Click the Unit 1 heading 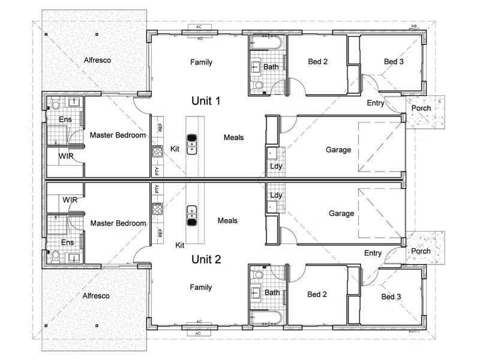tap(206, 101)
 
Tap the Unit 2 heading tap(206, 259)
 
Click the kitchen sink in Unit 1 tap(192, 144)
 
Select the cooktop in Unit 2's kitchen tap(157, 209)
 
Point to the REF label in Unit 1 tap(160, 127)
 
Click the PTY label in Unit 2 tap(157, 189)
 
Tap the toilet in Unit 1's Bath tap(258, 84)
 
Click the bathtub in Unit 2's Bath tap(266, 318)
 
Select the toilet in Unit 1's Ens tap(55, 104)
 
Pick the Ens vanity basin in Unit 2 tap(74, 257)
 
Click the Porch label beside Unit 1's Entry tap(421, 108)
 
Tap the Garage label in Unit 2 tap(341, 214)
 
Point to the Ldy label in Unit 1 tap(276, 166)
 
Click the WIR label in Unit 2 tap(70, 200)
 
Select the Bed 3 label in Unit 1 tap(394, 62)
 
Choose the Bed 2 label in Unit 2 tap(317, 294)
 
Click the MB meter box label tap(414, 26)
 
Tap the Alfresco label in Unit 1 tap(97, 60)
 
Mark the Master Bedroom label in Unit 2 tap(118, 223)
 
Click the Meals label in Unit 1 tap(233, 137)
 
